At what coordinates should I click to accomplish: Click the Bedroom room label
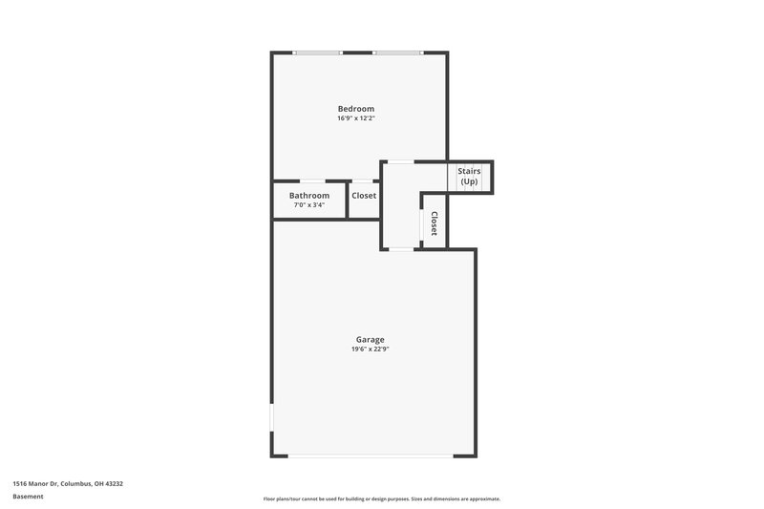point(355,109)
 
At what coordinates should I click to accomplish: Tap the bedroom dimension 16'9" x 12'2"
point(355,119)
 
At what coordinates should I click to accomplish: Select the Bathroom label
point(309,196)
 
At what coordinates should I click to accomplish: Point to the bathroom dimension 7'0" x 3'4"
point(309,205)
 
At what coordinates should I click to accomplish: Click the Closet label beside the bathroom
point(364,196)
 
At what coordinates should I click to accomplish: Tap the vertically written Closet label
point(434,224)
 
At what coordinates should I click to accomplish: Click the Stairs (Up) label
point(469,177)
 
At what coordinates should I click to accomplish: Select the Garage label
point(370,340)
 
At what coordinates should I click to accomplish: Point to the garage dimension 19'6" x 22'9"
point(370,350)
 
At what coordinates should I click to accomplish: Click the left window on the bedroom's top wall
point(318,53)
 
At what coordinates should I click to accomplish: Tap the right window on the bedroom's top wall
point(397,53)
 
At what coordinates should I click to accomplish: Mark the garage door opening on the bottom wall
point(371,456)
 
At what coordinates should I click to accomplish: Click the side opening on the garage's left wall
point(272,417)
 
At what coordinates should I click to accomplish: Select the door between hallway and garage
point(401,249)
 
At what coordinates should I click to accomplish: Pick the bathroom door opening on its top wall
point(312,181)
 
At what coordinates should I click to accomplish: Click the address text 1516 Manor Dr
point(68,484)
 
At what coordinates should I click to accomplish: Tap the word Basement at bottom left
point(28,497)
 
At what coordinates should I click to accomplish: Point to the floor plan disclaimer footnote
point(381,498)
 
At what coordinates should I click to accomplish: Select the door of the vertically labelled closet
point(422,222)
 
